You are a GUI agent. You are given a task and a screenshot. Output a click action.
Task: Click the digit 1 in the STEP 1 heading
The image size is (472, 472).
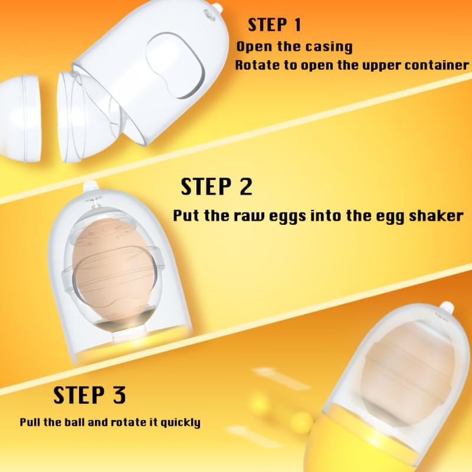(x=297, y=25)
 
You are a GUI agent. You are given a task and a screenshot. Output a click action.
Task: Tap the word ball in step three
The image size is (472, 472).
(x=75, y=422)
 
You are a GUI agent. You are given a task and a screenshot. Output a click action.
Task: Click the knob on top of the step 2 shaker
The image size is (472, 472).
(x=90, y=186)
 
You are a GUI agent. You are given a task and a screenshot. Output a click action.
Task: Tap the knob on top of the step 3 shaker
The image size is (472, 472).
(x=446, y=307)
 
